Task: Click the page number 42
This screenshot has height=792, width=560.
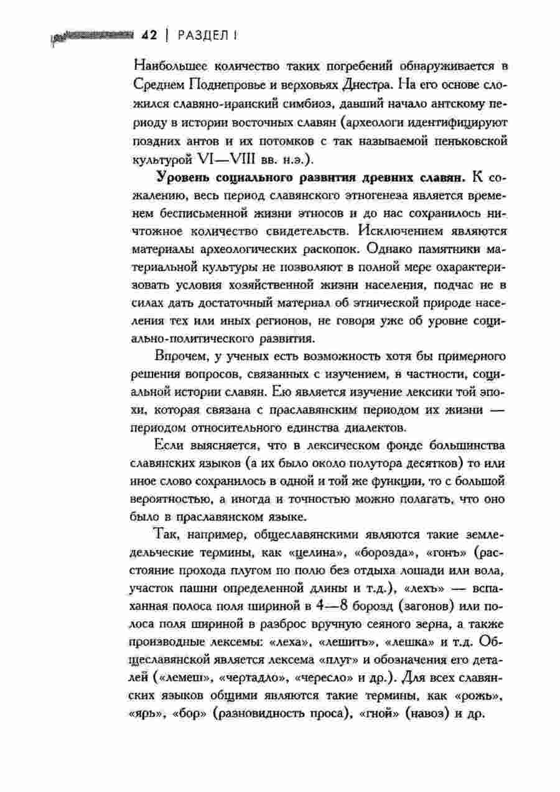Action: pyautogui.click(x=148, y=35)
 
